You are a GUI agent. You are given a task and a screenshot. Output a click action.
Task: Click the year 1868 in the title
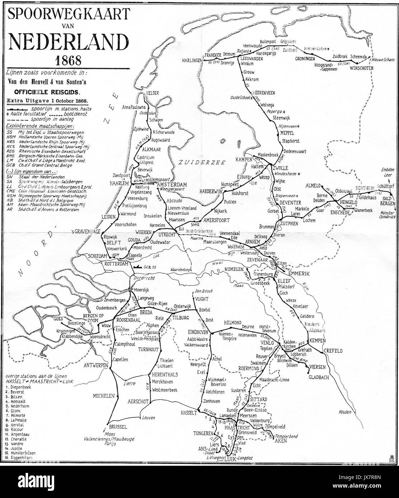[67, 58]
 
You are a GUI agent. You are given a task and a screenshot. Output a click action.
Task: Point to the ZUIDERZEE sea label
[203, 162]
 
